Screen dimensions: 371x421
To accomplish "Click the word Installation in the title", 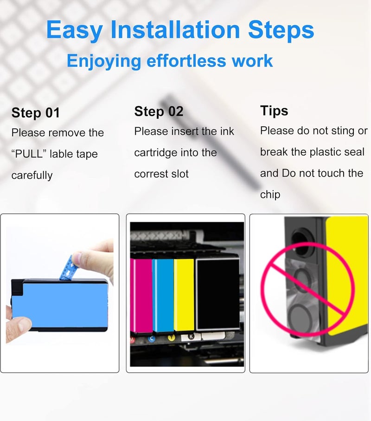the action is coord(175,30).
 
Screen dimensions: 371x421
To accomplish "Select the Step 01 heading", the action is coord(35,113).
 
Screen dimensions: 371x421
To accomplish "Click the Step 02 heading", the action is coord(159,112).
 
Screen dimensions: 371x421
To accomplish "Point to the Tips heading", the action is coord(274,111).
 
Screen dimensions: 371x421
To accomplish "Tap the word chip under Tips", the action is coord(270,194).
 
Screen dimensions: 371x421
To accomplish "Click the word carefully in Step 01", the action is coord(32,175).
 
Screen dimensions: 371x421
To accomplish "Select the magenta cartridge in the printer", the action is coord(141,296).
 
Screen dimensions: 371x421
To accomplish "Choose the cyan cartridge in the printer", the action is coord(163,296).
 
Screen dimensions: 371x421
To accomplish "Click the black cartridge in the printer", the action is coord(217,294).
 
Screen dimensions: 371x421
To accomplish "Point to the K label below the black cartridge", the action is coord(191,336).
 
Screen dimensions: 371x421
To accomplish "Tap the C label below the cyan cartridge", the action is coord(152,339).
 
